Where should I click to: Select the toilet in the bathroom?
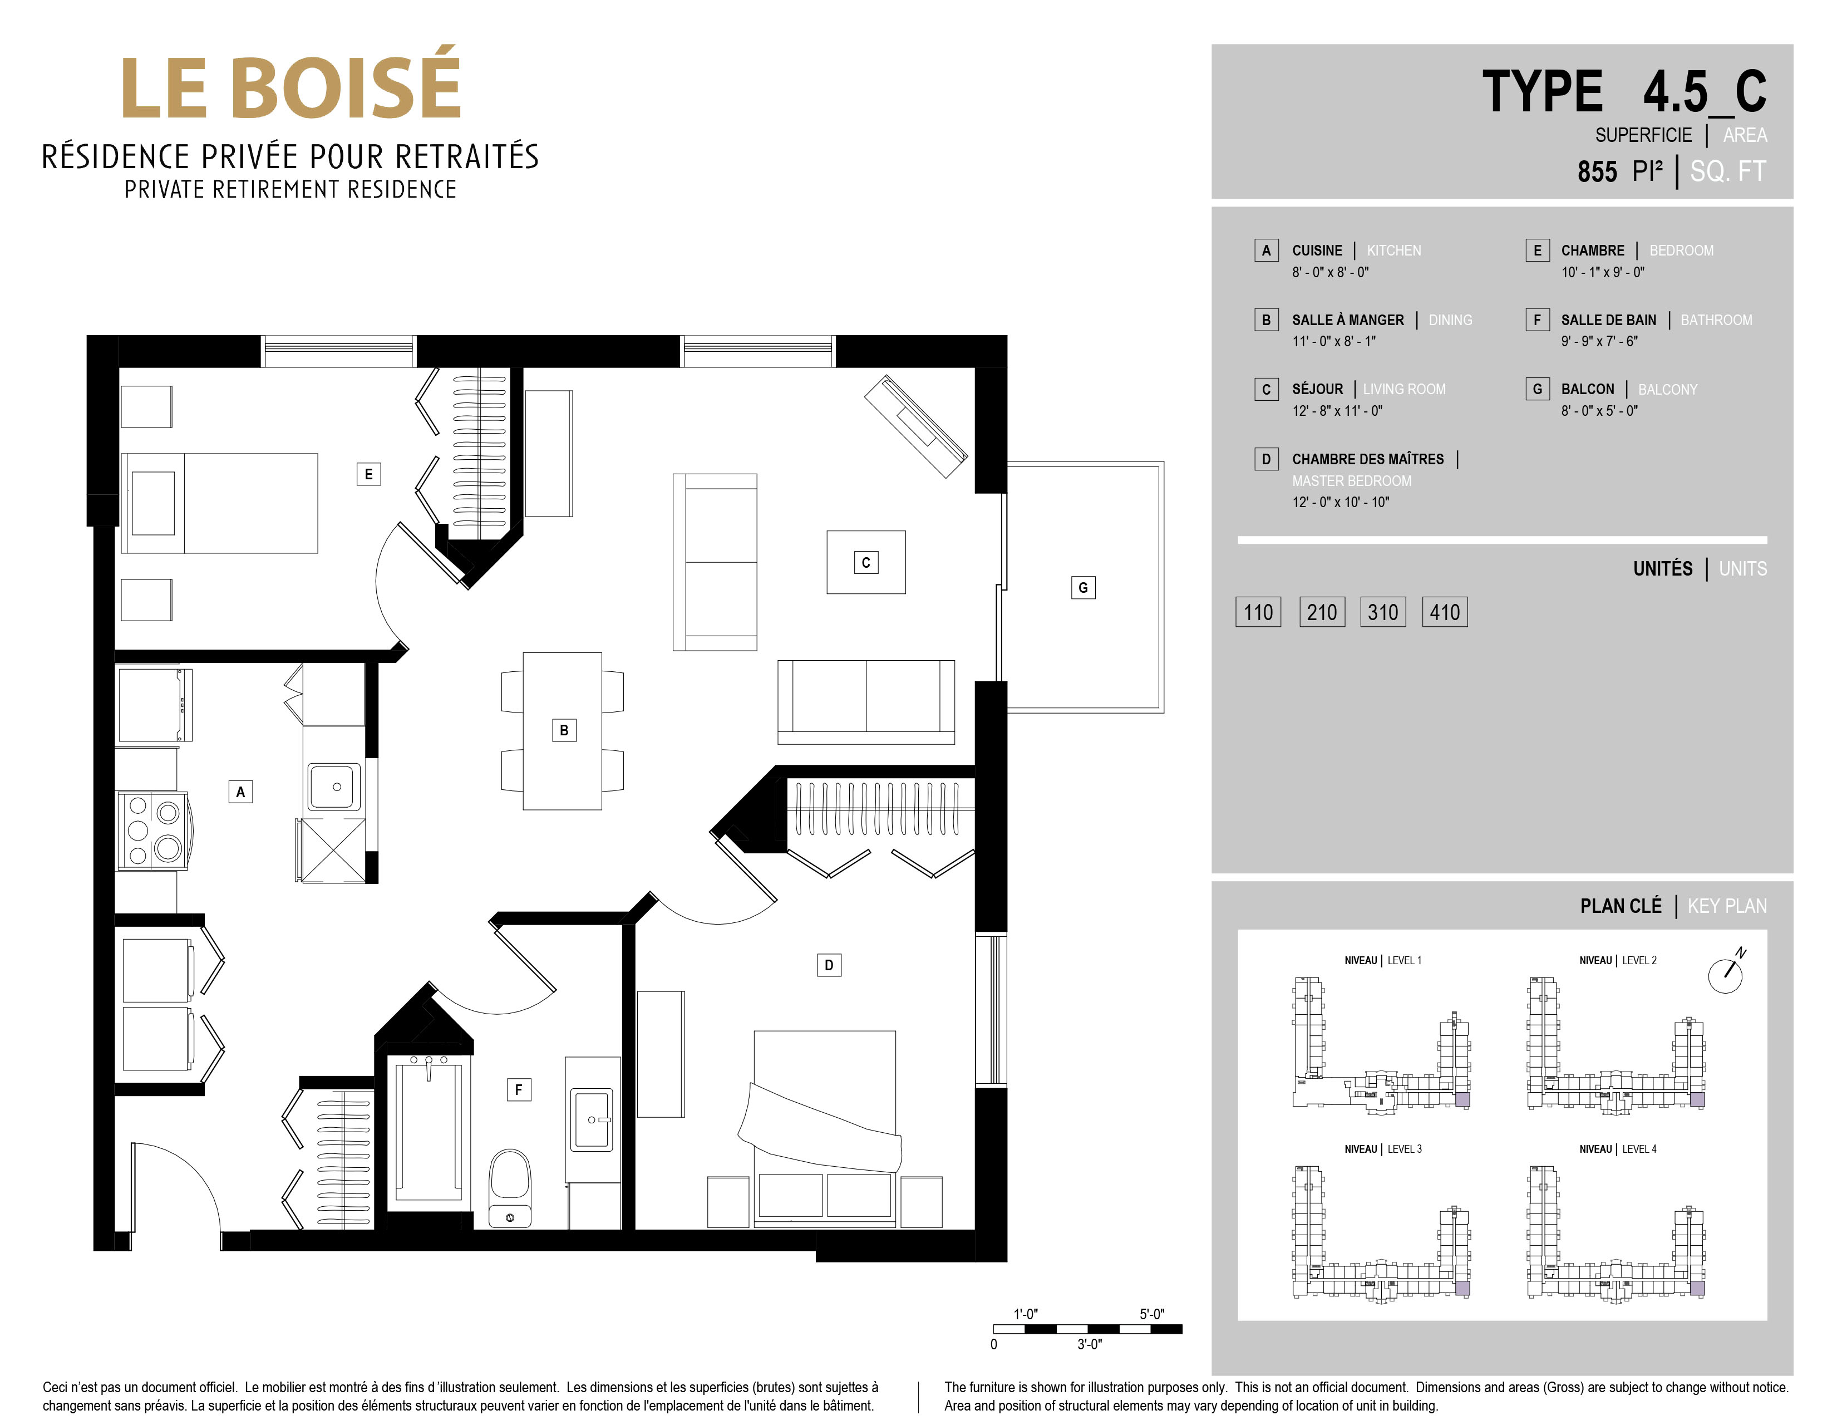[510, 1188]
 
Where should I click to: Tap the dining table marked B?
[562, 730]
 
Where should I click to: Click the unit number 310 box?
[1383, 612]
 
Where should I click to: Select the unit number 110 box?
[1258, 612]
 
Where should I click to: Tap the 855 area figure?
[1597, 171]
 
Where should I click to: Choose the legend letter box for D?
[1266, 459]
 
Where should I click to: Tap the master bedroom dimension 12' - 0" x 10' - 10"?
[1341, 502]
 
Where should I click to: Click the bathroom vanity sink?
[592, 1119]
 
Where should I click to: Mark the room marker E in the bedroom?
[368, 474]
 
